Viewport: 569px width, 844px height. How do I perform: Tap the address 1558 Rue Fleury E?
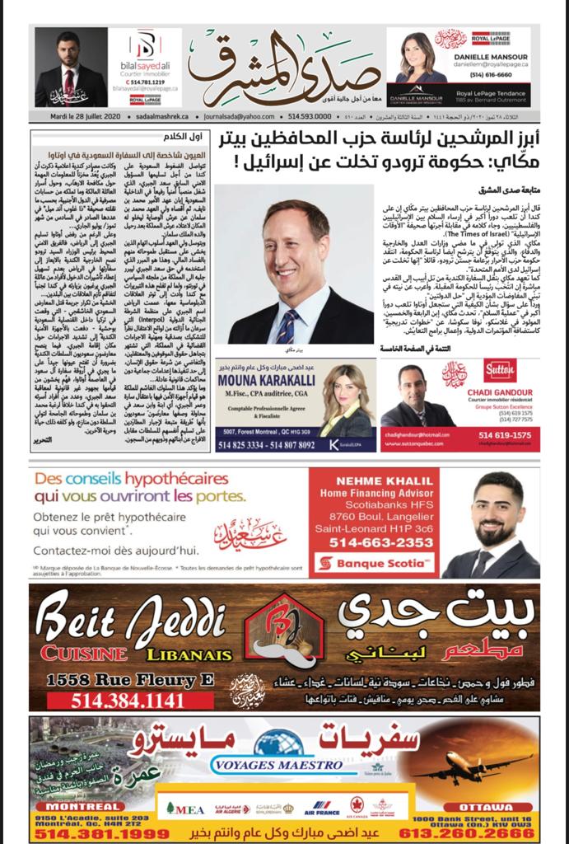tap(119, 678)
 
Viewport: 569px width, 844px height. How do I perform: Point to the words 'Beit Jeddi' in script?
tap(128, 621)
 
